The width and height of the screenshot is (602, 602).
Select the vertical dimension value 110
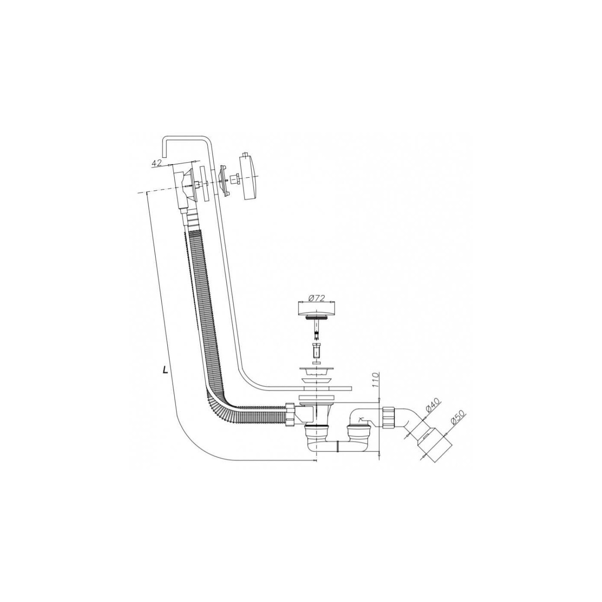tap(376, 380)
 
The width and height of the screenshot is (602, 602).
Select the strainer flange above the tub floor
tap(316, 372)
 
